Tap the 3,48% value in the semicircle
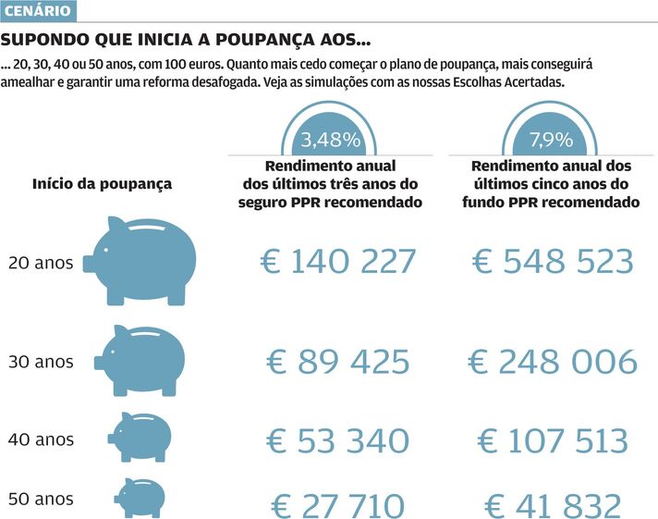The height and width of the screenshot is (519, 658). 330,141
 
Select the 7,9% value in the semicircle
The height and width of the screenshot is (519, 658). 552,141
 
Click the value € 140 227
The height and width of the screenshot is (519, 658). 338,262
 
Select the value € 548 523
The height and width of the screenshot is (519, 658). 553,262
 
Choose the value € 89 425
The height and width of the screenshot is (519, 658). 338,362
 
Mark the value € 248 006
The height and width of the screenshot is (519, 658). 553,362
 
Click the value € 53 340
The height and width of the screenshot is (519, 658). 338,440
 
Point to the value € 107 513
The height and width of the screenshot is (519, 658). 553,440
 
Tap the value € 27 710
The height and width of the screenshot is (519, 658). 338,506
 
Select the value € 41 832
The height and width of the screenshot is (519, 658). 553,506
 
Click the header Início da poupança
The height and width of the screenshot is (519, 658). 102,183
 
